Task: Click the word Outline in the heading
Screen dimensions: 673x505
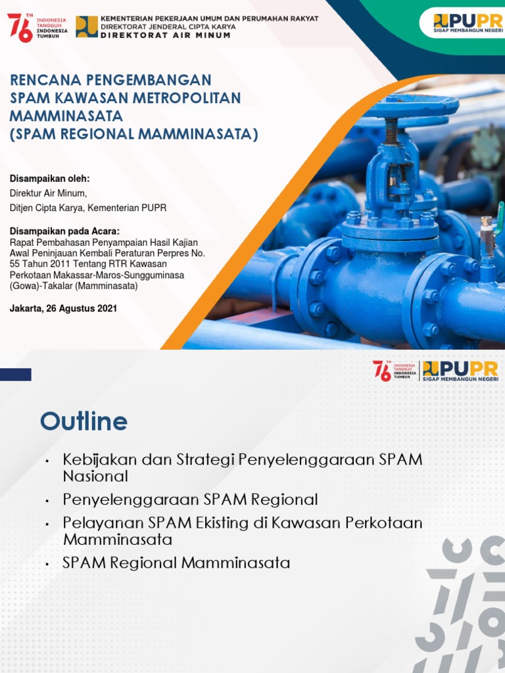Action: point(84,421)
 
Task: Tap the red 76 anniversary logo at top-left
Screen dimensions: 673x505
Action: point(20,27)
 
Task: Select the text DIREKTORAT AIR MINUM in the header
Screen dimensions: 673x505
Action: point(165,35)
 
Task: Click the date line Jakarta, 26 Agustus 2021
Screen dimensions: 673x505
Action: point(63,308)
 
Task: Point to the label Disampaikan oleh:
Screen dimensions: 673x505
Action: point(49,179)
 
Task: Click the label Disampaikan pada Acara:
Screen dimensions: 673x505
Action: point(64,231)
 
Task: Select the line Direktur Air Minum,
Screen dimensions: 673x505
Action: point(47,193)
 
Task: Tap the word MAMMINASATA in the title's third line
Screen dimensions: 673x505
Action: point(66,116)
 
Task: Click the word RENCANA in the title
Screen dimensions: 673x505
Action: point(45,80)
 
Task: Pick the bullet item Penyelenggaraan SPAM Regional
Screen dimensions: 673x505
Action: point(190,499)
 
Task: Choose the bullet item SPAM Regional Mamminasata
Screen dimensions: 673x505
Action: point(176,563)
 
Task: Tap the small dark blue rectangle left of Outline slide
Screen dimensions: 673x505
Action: point(16,375)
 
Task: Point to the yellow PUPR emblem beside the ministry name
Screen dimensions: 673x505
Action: point(87,27)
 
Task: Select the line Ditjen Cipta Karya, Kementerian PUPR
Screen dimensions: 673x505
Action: point(87,208)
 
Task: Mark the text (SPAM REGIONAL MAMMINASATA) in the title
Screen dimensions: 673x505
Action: point(134,135)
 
